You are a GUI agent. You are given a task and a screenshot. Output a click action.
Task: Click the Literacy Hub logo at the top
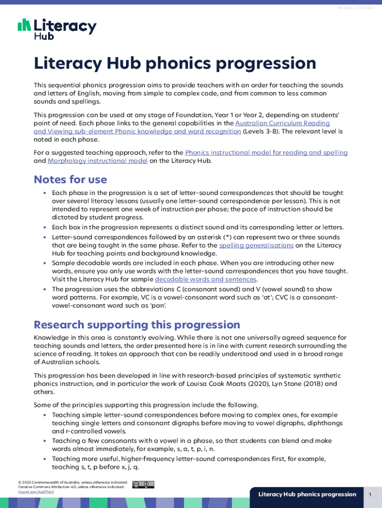tap(57, 28)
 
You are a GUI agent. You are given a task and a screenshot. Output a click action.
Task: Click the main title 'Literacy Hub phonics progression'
tap(175, 63)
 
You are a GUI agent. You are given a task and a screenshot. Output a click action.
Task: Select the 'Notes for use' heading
tap(70, 179)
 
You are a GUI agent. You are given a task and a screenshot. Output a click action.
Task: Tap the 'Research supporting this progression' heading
tap(136, 325)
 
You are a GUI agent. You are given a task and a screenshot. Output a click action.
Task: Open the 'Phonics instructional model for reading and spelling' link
tap(266, 153)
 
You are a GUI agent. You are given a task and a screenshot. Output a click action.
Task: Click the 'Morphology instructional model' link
tap(97, 161)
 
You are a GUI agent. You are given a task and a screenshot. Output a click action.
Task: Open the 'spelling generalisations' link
tap(256, 245)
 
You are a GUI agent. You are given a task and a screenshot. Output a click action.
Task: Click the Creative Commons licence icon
tap(143, 485)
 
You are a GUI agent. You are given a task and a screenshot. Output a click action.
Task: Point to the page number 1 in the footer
tap(370, 494)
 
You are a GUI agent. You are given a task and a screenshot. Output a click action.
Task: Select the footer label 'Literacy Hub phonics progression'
tap(307, 494)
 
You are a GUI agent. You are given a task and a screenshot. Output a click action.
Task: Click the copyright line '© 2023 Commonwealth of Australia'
tap(64, 482)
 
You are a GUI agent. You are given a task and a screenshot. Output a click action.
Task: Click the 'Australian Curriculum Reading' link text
tap(282, 123)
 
